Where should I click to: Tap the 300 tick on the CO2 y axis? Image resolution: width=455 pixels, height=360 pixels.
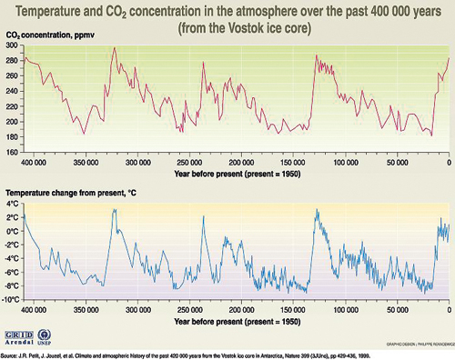[12, 45]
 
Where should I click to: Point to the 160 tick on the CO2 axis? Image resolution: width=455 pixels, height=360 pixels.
[12, 152]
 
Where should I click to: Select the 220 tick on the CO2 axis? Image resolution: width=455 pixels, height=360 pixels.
[12, 116]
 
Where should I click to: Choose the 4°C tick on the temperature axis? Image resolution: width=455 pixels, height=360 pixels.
[13, 205]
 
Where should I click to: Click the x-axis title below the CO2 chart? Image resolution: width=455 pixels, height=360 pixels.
[235, 172]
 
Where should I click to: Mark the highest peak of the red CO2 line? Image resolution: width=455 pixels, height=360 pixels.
[114, 47]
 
